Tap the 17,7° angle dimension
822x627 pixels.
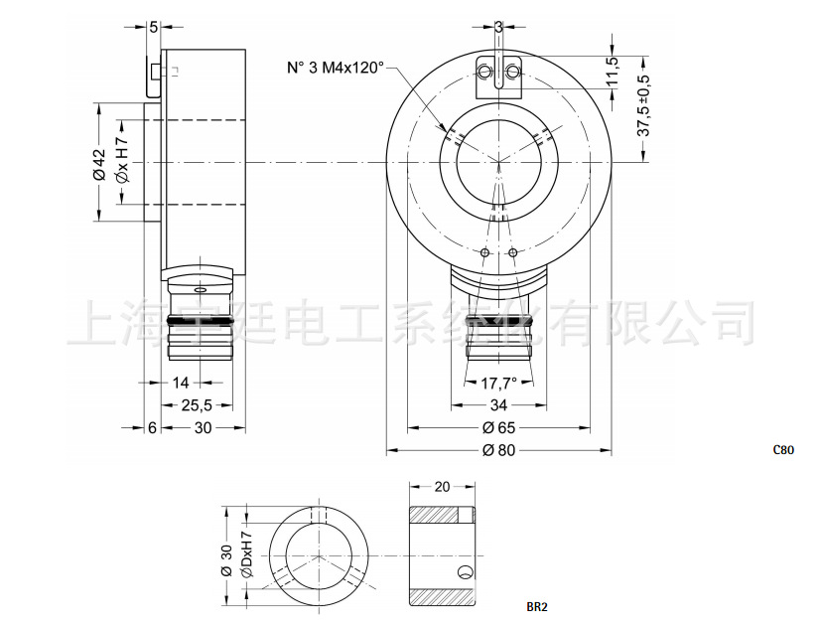(x=498, y=383)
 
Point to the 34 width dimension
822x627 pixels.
(x=498, y=405)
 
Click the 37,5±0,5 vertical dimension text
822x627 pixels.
(x=643, y=103)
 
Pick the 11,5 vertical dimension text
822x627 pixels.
(x=613, y=73)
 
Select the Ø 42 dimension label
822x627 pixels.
(x=99, y=163)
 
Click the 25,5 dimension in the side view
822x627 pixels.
(x=195, y=405)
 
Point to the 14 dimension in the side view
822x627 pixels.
(x=181, y=383)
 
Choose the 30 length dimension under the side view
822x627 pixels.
(x=203, y=427)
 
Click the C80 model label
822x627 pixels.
(x=783, y=449)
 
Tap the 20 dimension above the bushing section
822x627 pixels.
(x=443, y=487)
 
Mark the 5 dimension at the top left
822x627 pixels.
(x=154, y=27)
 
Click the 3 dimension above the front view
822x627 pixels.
(x=498, y=27)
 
